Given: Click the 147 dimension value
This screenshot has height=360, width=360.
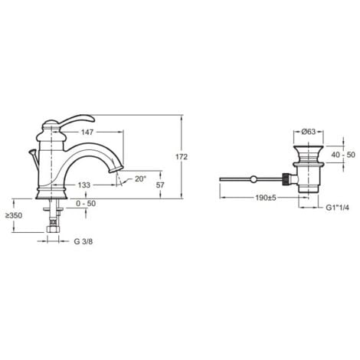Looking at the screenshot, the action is pyautogui.click(x=87, y=132).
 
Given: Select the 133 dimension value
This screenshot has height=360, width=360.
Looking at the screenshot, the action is pyautogui.click(x=84, y=185).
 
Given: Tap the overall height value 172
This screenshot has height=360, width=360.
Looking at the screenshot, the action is pyautogui.click(x=182, y=157).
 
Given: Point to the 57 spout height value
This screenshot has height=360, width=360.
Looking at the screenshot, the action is pyautogui.click(x=160, y=185).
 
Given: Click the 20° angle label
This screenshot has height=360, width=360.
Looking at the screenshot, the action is pyautogui.click(x=141, y=179).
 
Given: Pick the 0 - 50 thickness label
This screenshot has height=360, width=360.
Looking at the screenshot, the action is pyautogui.click(x=86, y=204).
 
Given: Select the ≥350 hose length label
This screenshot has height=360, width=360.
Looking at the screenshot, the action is pyautogui.click(x=14, y=216).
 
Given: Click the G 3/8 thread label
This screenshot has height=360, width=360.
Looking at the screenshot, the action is pyautogui.click(x=83, y=241).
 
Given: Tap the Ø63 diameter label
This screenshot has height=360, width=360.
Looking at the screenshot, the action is pyautogui.click(x=309, y=132).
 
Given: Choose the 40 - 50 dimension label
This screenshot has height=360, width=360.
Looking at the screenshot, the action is pyautogui.click(x=343, y=155).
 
